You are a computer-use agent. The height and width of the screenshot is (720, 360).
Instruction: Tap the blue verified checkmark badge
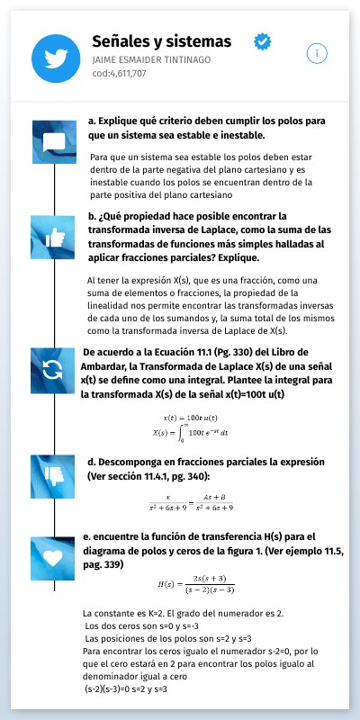pos(263,41)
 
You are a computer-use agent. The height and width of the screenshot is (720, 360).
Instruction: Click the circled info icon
pos(315,53)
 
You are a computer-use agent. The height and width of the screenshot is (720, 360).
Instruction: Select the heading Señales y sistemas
pos(161,42)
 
